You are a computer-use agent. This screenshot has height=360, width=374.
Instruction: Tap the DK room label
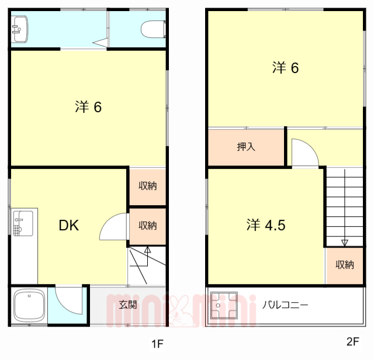click(x=68, y=226)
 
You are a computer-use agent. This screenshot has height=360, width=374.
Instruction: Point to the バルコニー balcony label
click(x=285, y=304)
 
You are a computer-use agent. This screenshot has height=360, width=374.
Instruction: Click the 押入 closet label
click(x=246, y=147)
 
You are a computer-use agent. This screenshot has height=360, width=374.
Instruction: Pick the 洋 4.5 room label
click(x=266, y=224)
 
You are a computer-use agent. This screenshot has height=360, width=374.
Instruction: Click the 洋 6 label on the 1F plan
click(x=89, y=107)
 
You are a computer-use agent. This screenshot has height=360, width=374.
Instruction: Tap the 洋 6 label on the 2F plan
click(x=285, y=68)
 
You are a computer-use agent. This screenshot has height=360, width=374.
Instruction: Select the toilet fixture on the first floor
click(x=154, y=28)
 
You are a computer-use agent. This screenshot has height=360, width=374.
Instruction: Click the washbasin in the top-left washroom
click(x=19, y=27)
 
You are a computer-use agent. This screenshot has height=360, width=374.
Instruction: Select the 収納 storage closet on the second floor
click(x=345, y=265)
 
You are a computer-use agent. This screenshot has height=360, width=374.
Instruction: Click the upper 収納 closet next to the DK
click(x=147, y=186)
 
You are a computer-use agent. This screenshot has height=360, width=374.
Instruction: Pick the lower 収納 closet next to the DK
click(x=147, y=225)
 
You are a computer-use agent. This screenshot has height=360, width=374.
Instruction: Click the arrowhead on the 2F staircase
click(x=345, y=243)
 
